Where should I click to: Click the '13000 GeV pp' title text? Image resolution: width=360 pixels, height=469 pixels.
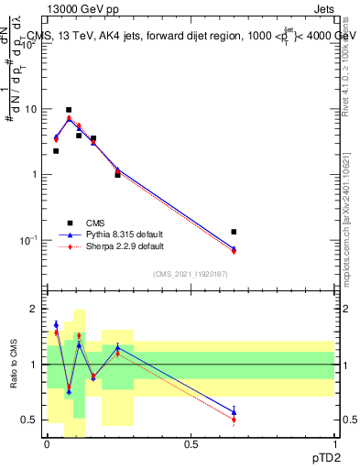click(x=81, y=8)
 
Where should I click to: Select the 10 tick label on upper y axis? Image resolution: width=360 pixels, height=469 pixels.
click(x=30, y=109)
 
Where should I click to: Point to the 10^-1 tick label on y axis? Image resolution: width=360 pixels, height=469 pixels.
click(x=28, y=240)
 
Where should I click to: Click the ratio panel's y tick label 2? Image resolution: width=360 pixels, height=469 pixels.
click(x=36, y=309)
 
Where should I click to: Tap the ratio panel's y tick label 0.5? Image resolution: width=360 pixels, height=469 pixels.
click(x=32, y=420)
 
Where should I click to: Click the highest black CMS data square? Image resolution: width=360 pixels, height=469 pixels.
click(x=69, y=110)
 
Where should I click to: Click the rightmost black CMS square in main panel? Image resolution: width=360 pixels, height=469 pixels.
click(x=235, y=232)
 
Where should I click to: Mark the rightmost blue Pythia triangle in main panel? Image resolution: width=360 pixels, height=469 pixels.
click(x=235, y=248)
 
